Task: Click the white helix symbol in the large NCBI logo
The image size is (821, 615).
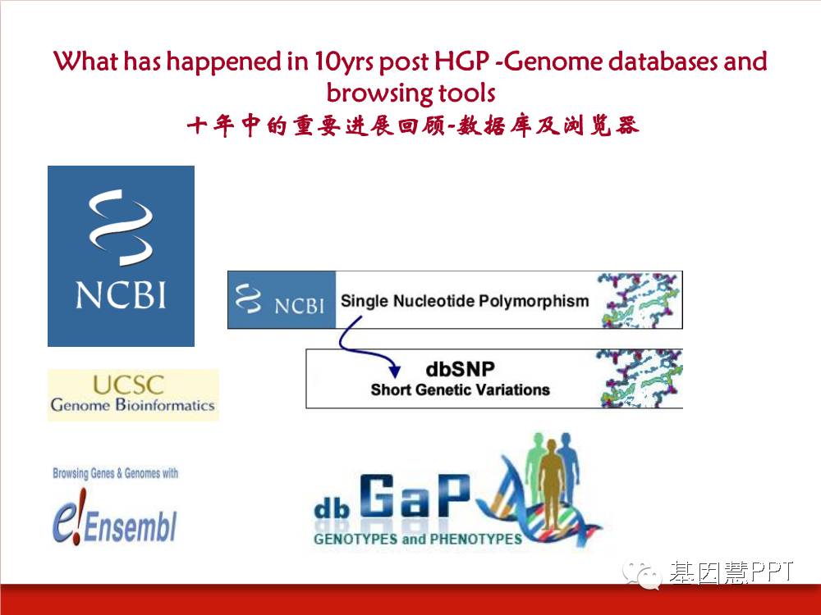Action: pyautogui.click(x=121, y=227)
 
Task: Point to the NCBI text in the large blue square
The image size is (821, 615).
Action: pyautogui.click(x=121, y=295)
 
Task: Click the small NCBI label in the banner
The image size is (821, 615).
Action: pyautogui.click(x=299, y=305)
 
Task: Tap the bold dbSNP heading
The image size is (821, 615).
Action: pyautogui.click(x=460, y=369)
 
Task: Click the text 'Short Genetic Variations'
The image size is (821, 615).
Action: pyautogui.click(x=461, y=390)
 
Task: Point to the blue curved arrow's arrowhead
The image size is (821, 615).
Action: pyautogui.click(x=394, y=371)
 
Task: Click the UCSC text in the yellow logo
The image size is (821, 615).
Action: pyautogui.click(x=128, y=385)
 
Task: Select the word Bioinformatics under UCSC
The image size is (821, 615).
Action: pyautogui.click(x=165, y=405)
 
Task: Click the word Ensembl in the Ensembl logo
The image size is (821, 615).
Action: pyautogui.click(x=131, y=526)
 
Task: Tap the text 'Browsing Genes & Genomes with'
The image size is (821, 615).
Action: pyautogui.click(x=115, y=473)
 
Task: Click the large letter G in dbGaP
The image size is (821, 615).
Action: pyautogui.click(x=377, y=496)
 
